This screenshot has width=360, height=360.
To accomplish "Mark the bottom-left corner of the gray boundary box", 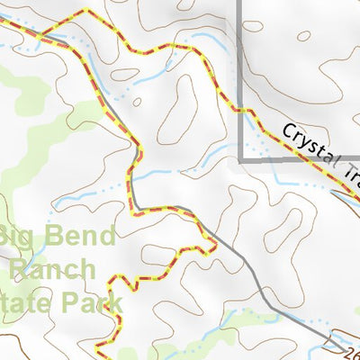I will pyautogui.click(x=240, y=159).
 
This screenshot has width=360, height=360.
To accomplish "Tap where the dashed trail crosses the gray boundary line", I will pyautogui.click(x=240, y=111).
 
